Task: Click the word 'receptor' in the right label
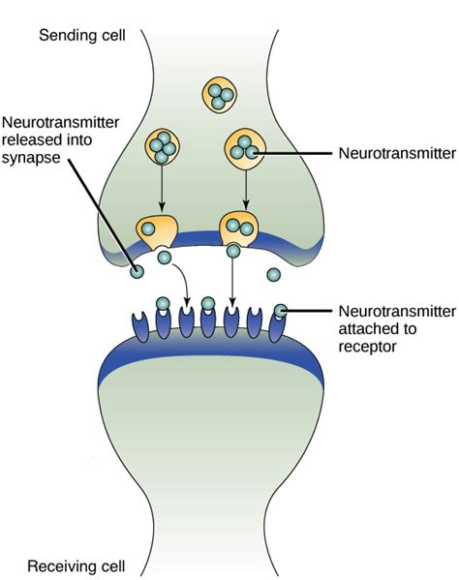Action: pos(367,345)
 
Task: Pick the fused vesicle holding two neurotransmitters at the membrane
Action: pos(237,229)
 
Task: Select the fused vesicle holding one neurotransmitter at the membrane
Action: pos(159,229)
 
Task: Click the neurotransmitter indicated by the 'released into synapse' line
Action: pos(138,273)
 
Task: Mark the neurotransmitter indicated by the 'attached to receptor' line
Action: pos(281,311)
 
